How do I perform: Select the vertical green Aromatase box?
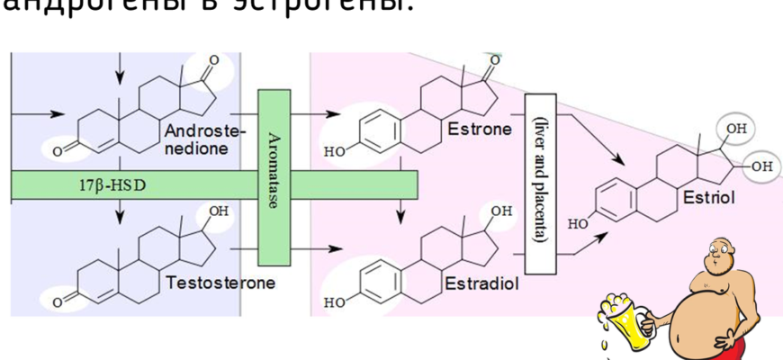(273, 177)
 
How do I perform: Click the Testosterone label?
(220, 283)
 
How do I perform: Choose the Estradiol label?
(481, 283)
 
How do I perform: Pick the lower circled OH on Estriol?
(760, 166)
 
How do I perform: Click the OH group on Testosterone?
(219, 211)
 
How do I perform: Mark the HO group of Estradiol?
(333, 302)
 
